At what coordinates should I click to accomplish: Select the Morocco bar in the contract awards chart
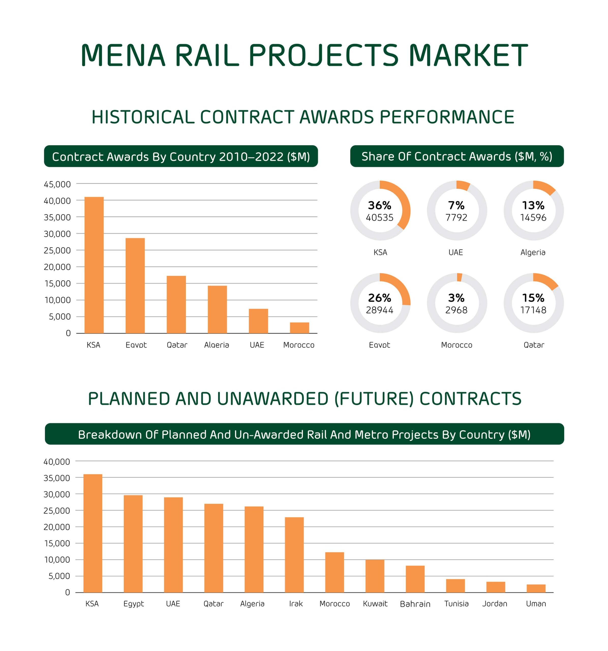click(299, 328)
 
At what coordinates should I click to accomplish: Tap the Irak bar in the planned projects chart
click(294, 555)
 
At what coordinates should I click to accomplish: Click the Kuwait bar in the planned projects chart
click(375, 576)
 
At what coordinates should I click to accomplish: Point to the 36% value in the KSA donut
click(379, 205)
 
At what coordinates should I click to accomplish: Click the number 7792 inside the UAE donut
click(456, 217)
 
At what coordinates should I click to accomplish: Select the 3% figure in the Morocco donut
click(456, 298)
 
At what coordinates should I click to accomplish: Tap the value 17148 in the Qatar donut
click(533, 310)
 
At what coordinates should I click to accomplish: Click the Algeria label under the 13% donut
click(533, 252)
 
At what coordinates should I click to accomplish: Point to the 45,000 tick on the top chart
click(57, 184)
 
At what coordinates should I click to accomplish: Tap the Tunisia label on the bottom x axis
click(456, 603)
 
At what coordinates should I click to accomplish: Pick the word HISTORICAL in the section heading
click(143, 117)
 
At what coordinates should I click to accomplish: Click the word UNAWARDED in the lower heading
click(272, 398)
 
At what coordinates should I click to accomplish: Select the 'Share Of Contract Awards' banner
click(457, 156)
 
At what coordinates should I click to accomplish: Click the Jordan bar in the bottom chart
click(495, 587)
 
